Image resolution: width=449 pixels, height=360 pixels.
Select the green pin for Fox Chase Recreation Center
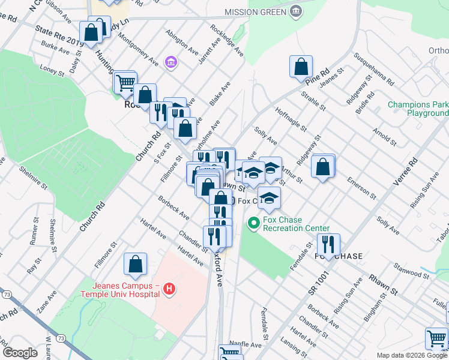tap(253, 224)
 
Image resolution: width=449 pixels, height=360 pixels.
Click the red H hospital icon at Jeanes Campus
tap(170, 290)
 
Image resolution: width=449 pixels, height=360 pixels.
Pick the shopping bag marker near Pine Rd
tap(301, 67)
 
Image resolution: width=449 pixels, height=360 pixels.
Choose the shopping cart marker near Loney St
tap(125, 83)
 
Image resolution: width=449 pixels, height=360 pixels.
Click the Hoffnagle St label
tap(291, 121)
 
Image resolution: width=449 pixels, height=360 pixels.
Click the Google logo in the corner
tap(20, 353)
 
